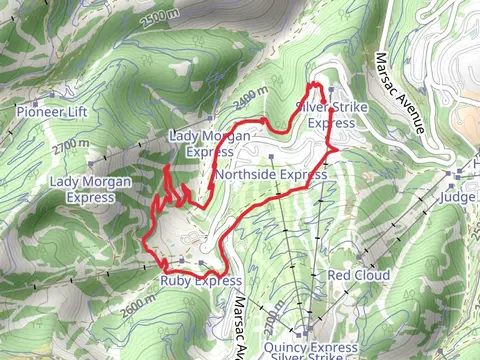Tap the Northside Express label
(x=271, y=174)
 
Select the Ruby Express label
(x=201, y=281)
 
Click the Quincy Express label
(x=312, y=347)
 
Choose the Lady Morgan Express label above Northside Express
(x=209, y=144)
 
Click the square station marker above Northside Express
(x=272, y=157)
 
